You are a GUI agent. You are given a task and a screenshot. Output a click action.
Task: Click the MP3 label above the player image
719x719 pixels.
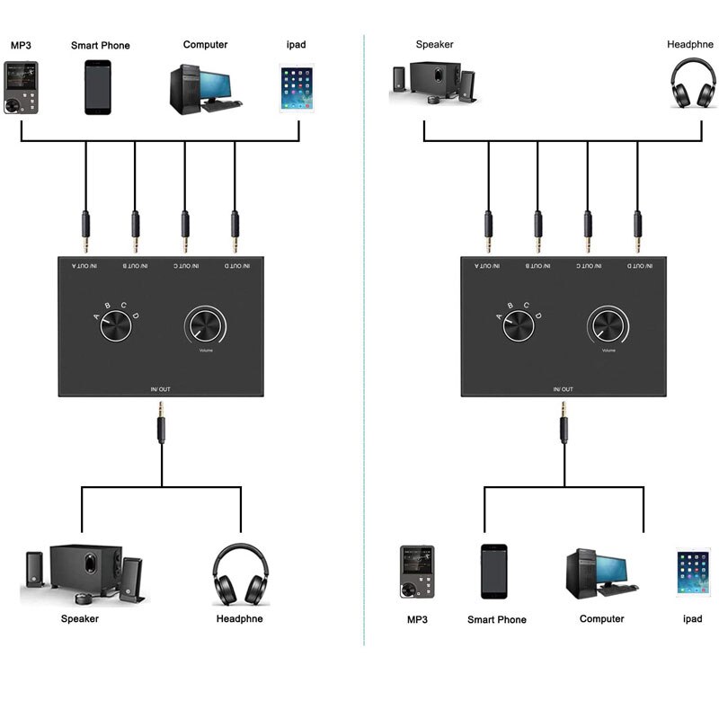pos(20,45)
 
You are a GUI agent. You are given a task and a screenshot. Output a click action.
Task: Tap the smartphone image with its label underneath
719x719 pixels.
pos(497,571)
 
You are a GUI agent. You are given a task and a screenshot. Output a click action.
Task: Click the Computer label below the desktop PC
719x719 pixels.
pos(601,619)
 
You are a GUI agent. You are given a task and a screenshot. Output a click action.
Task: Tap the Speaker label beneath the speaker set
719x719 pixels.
pos(79,618)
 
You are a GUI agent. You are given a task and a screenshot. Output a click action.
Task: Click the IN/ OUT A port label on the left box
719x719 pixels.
pos(86,266)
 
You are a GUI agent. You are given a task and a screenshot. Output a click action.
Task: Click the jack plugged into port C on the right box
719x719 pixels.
pos(588,231)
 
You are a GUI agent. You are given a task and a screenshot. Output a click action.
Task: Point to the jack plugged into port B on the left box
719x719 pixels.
pos(136,231)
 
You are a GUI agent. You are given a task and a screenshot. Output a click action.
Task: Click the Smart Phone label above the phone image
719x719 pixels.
pos(100,45)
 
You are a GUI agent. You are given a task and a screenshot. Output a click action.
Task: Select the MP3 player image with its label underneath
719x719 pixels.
pos(416,572)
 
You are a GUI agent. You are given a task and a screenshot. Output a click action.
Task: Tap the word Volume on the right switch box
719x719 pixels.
pos(608,351)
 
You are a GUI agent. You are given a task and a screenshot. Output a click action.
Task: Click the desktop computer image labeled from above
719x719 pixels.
pos(204,87)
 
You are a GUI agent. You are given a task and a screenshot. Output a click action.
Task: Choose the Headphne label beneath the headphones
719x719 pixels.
pos(239,618)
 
